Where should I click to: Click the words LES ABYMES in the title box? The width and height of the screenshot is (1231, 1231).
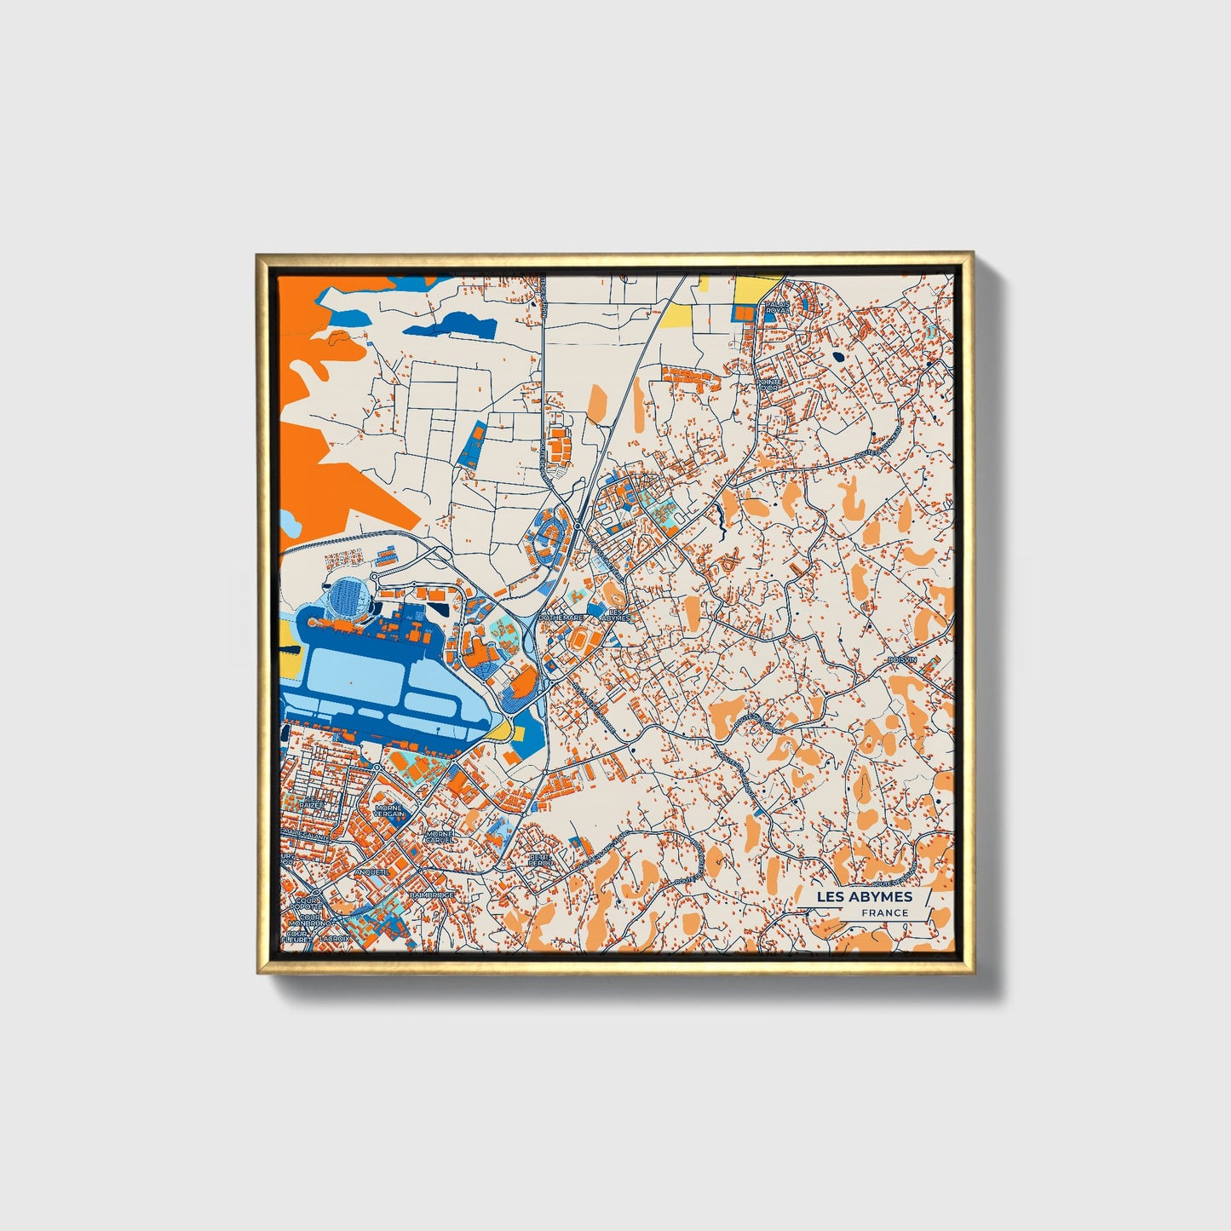[x=864, y=896]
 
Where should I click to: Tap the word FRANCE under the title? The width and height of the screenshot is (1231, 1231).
[x=884, y=912]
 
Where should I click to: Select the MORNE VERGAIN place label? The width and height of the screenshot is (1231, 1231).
[x=388, y=811]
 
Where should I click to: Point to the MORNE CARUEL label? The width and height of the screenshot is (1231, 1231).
[x=440, y=837]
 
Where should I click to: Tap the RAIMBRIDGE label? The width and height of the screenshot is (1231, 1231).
[x=431, y=896]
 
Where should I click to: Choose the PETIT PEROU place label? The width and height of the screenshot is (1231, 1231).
[x=540, y=860]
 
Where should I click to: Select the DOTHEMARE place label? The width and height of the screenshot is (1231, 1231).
[x=561, y=618]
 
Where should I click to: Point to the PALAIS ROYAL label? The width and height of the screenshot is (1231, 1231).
[x=775, y=307]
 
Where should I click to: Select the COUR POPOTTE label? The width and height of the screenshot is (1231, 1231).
[x=305, y=903]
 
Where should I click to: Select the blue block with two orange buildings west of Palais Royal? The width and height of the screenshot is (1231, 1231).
[x=745, y=314]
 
